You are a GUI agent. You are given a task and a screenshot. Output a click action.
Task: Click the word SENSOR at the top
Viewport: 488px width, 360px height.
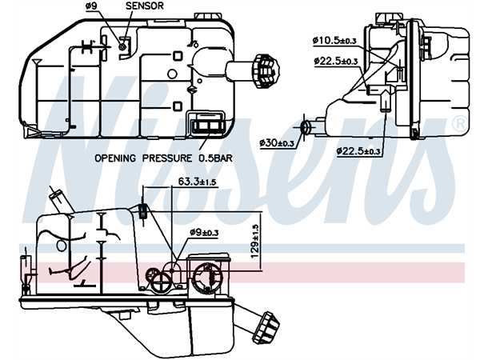tap(146, 6)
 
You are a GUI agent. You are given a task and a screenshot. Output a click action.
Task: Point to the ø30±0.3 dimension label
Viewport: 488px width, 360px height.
tap(278, 142)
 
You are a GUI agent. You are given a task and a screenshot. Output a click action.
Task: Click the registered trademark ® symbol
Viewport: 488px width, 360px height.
tap(459, 123)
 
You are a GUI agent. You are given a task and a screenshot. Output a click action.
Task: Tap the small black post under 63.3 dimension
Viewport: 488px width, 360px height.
tap(142, 210)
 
